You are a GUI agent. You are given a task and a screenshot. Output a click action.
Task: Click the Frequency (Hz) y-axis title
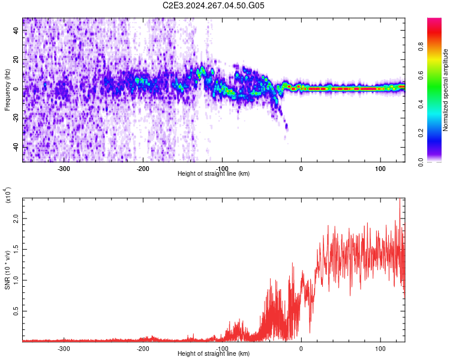(7, 90)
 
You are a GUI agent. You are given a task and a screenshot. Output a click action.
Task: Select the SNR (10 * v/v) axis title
(7, 270)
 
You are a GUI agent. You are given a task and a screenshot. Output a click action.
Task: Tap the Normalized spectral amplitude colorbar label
(446, 90)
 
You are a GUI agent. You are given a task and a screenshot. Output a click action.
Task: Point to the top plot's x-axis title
(214, 173)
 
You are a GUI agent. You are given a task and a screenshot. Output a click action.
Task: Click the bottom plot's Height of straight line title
(214, 353)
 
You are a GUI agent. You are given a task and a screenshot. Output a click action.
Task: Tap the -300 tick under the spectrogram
(64, 169)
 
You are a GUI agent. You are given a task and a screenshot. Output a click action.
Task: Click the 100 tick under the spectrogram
(380, 169)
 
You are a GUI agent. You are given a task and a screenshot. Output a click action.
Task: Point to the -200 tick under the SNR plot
(143, 349)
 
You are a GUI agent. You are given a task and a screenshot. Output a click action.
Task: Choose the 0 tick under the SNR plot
(301, 349)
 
